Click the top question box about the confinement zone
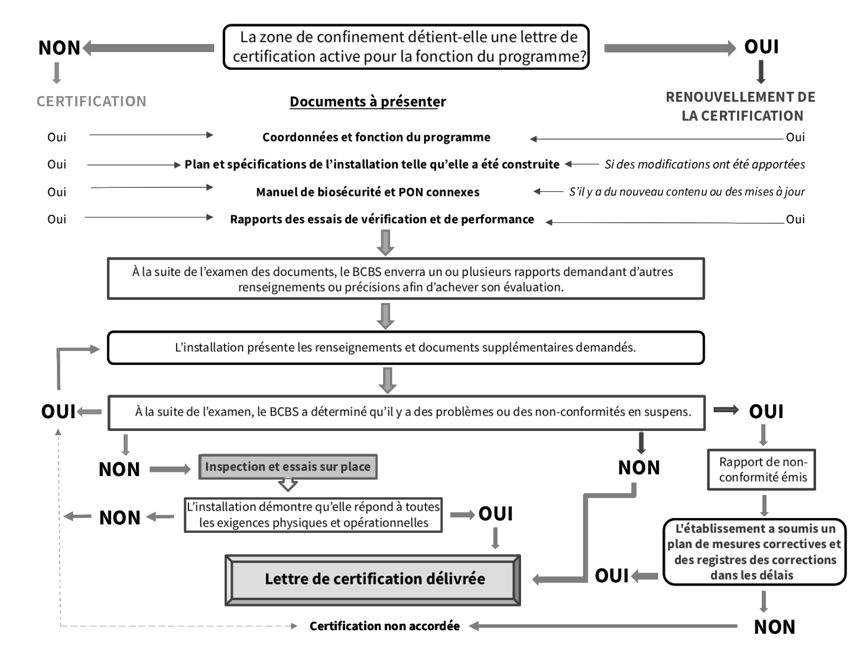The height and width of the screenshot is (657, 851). point(406,47)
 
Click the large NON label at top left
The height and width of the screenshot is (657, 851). point(59,48)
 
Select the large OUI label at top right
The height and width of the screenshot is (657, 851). point(761,47)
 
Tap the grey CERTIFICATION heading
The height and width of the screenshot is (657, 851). point(91,101)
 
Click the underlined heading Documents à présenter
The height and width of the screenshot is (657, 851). point(367,101)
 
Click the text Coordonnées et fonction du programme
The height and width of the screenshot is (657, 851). point(376,137)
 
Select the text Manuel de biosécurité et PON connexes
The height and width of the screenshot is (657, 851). point(367,192)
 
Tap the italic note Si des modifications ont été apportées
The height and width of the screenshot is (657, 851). point(704,164)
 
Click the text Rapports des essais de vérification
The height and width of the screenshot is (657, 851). point(382,219)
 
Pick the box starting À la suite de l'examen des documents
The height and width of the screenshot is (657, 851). point(406,279)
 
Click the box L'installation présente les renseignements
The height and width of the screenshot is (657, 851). point(406,347)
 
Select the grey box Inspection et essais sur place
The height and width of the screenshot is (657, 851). point(287,466)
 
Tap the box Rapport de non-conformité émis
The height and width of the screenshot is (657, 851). point(762,470)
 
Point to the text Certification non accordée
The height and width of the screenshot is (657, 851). point(385,626)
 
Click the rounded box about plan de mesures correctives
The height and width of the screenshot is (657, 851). point(754,551)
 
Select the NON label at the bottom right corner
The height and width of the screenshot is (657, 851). point(774,626)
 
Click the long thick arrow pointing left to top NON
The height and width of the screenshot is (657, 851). point(149,48)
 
